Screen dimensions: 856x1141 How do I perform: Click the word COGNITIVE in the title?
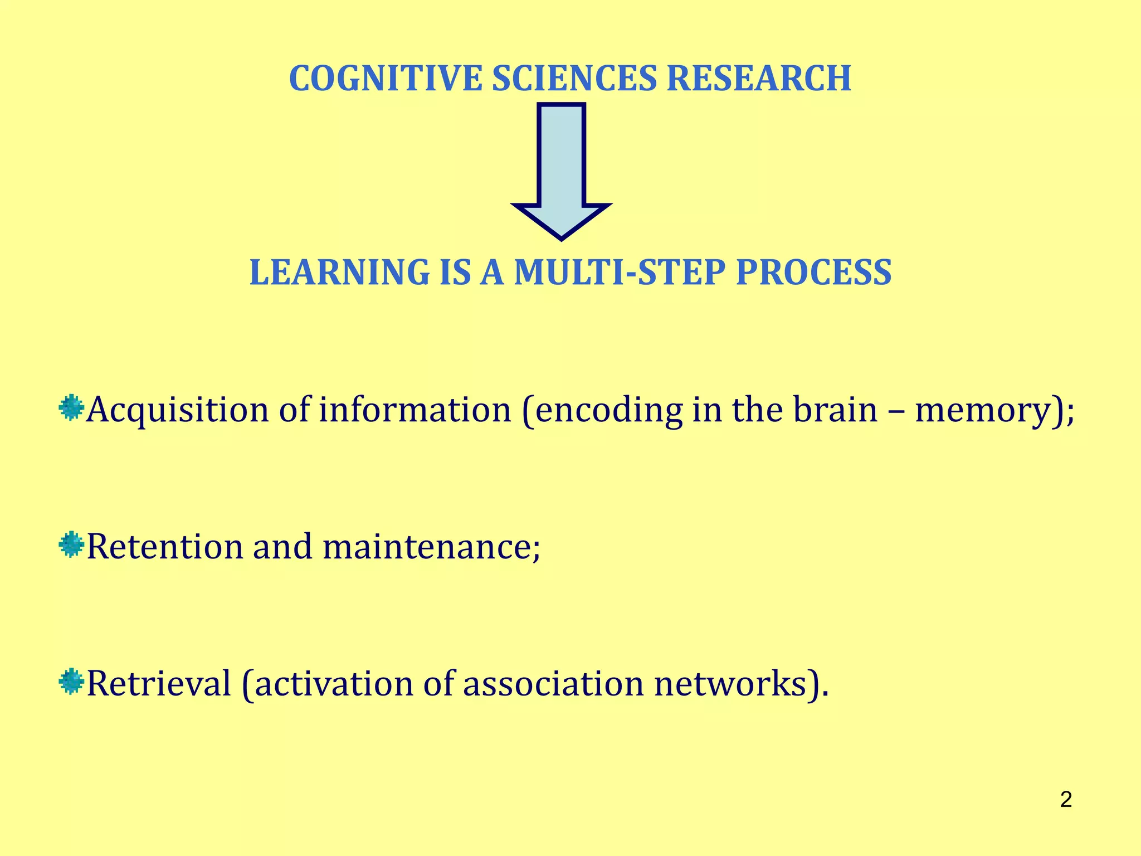385,79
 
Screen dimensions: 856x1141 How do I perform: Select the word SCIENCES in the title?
574,79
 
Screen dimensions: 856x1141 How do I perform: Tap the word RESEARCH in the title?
758,79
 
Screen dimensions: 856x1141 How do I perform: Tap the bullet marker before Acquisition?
71,408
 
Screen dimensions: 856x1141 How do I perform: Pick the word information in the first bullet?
415,410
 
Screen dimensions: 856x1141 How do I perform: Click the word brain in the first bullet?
835,410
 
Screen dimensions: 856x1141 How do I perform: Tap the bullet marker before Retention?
71,544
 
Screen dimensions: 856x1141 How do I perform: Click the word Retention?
165,547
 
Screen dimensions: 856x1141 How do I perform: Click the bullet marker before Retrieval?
71,682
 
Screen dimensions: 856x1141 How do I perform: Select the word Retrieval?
159,684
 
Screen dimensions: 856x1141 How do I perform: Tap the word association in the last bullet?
553,684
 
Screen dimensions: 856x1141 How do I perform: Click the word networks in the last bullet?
730,684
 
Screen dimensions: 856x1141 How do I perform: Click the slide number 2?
1066,800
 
